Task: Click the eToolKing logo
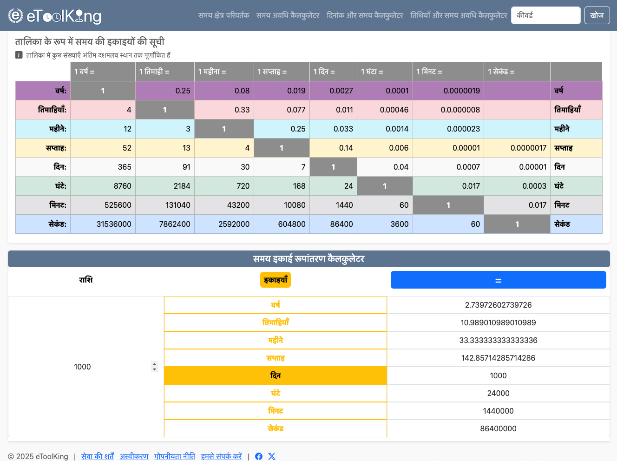click(55, 16)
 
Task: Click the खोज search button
click(597, 15)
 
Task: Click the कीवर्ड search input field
click(545, 15)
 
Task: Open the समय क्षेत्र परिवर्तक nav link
click(223, 15)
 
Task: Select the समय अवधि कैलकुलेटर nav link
click(288, 15)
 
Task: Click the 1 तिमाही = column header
click(164, 72)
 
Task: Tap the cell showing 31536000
click(114, 224)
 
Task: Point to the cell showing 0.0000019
click(461, 91)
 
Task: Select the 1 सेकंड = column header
click(517, 72)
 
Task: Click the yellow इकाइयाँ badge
click(276, 280)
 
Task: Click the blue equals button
click(498, 280)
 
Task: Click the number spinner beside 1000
click(154, 367)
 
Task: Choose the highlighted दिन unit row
click(276, 375)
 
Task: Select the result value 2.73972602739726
click(498, 305)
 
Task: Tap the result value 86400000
click(498, 428)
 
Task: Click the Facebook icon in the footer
click(259, 456)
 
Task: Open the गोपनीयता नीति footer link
click(175, 456)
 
